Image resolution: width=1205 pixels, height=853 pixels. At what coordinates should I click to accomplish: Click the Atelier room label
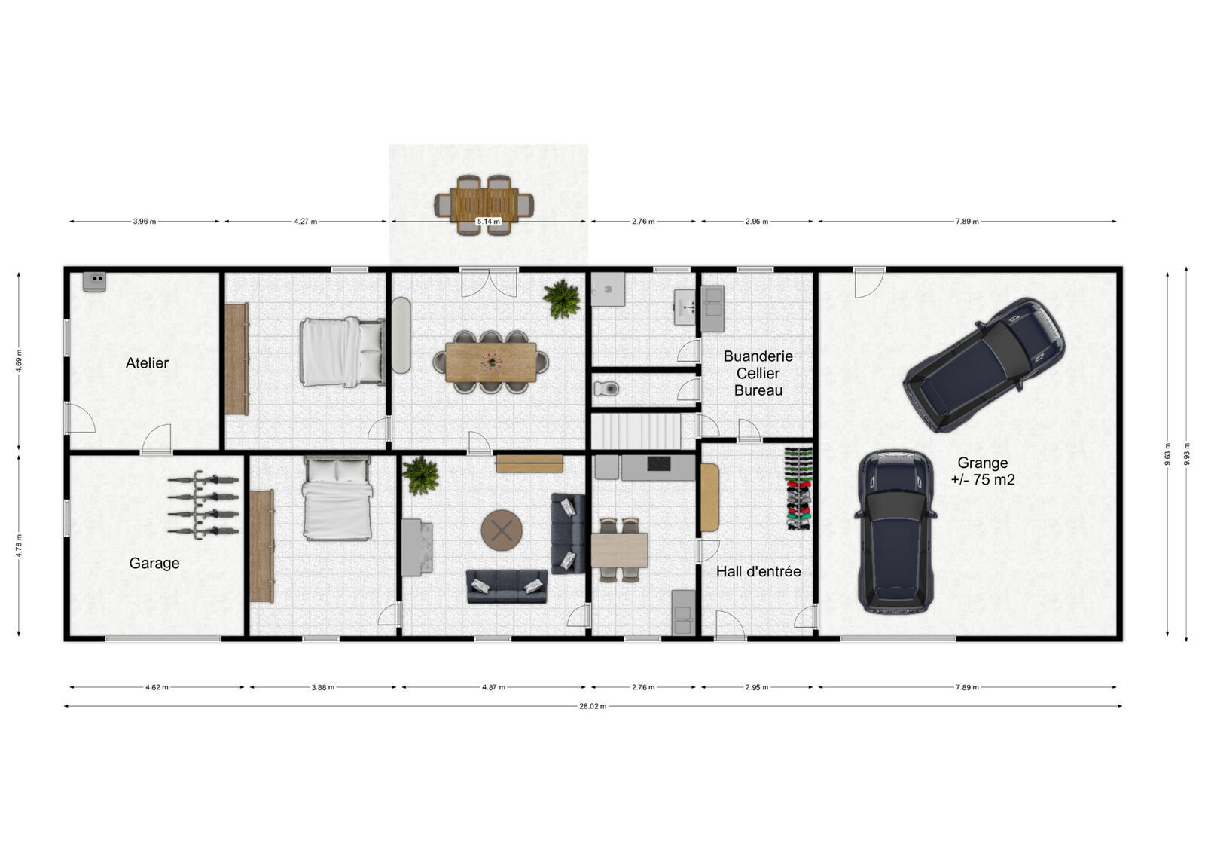[x=147, y=363]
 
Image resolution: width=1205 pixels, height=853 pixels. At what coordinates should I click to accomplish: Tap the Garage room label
[x=154, y=563]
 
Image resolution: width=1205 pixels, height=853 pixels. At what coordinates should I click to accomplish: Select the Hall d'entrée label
[x=758, y=571]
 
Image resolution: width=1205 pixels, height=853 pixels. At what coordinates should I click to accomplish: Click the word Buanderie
[x=758, y=356]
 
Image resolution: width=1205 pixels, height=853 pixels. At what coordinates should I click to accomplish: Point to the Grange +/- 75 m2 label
[x=982, y=471]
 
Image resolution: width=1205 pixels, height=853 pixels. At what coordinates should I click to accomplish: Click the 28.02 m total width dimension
[x=593, y=706]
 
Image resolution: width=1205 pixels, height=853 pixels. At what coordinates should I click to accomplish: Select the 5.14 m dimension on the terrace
[x=488, y=222]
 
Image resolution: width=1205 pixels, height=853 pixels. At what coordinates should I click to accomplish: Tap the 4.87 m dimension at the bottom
[x=493, y=687]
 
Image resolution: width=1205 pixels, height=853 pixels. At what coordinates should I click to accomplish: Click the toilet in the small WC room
[x=607, y=389]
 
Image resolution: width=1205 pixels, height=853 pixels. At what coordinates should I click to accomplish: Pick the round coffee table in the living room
[x=502, y=530]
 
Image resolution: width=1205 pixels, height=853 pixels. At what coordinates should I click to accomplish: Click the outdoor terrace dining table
[x=484, y=204]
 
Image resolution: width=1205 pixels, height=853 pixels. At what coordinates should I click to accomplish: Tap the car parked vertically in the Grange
[x=895, y=531]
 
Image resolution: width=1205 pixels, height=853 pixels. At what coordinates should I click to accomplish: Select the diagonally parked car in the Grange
[x=984, y=364]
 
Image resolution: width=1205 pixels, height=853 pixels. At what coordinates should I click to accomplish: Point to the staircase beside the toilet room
[x=636, y=431]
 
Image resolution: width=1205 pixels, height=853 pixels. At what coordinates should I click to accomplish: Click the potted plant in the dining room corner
[x=562, y=298]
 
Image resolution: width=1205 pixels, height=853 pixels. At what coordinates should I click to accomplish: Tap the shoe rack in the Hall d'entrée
[x=798, y=488]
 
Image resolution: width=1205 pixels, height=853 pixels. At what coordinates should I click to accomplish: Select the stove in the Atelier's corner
[x=95, y=280]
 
